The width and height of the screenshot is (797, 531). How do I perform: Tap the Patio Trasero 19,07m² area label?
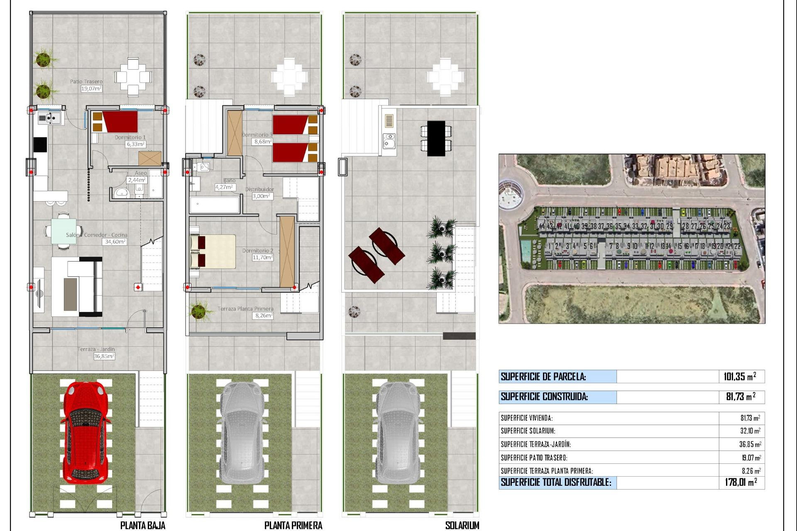(x=91, y=88)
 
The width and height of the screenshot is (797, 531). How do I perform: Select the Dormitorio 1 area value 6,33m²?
(x=136, y=144)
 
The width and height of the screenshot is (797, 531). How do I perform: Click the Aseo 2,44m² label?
(x=137, y=180)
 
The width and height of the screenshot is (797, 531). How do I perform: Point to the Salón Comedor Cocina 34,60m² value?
(x=115, y=241)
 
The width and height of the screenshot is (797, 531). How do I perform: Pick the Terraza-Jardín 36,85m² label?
(x=104, y=356)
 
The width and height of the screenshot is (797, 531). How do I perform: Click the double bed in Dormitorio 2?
(x=213, y=251)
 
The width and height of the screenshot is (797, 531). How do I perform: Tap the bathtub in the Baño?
(x=215, y=205)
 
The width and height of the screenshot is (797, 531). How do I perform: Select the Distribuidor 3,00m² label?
(x=262, y=196)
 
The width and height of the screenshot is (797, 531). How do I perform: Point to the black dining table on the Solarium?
(x=436, y=139)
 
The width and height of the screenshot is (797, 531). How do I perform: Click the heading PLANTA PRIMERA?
(x=293, y=525)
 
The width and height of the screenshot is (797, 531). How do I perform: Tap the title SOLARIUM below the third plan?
(x=462, y=525)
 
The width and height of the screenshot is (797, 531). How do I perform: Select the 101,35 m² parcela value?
(x=740, y=377)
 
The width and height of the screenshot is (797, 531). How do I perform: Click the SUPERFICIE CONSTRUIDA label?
(x=544, y=397)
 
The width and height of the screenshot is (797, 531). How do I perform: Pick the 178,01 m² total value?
(x=741, y=482)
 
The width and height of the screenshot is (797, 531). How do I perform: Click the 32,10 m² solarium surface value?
(x=750, y=431)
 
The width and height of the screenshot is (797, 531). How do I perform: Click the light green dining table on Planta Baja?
(x=64, y=231)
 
